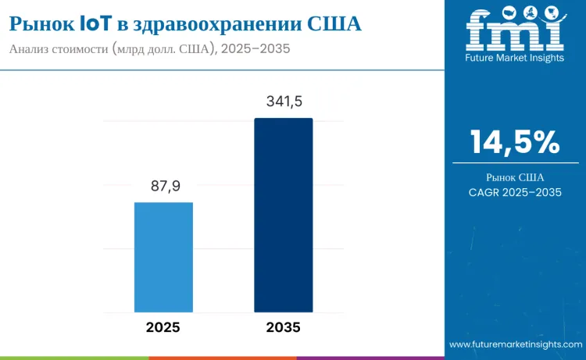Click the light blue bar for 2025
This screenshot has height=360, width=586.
tap(163, 257)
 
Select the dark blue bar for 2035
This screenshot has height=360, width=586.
tap(283, 215)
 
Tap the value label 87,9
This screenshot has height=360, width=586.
tap(163, 187)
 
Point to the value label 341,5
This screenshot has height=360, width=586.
tap(283, 102)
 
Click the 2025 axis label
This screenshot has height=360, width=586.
tap(163, 327)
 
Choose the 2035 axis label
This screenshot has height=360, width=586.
tap(282, 327)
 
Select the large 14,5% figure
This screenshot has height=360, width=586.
tap(515, 142)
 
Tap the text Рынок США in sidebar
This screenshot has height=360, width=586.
tap(515, 176)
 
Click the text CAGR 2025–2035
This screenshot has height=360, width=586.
tap(515, 193)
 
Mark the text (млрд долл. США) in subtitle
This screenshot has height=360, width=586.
tap(160, 48)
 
